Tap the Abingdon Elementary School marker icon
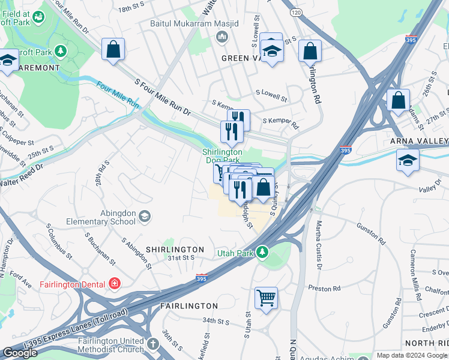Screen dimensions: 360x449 [145, 215]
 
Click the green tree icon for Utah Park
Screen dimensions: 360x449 [262, 252]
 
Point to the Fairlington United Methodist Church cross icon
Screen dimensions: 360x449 [153, 344]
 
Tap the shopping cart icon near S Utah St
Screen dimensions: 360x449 [266, 297]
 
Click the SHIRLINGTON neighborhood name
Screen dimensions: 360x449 [174, 249]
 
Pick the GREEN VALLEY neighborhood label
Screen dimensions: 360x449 [243, 58]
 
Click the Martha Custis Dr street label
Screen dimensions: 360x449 [319, 245]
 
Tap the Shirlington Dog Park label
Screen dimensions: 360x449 [222, 156]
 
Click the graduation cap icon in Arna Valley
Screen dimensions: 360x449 [408, 160]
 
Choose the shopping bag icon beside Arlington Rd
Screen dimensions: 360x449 [310, 52]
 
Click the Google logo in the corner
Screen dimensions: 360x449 [20, 353]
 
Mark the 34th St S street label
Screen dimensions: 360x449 [216, 322]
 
